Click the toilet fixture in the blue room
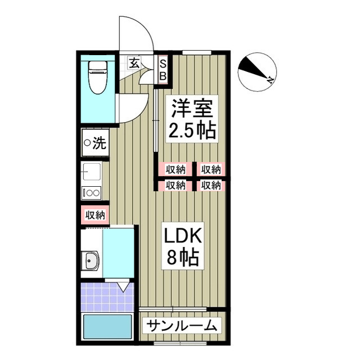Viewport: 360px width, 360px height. (x=98, y=77)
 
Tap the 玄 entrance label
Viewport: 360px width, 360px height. (x=134, y=63)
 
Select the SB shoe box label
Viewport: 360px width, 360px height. (x=163, y=70)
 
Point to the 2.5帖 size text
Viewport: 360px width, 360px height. (x=192, y=130)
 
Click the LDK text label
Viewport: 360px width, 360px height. (x=183, y=235)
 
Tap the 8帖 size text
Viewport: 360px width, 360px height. (x=182, y=257)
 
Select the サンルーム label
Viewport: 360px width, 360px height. (x=182, y=325)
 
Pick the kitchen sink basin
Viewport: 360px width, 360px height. (x=91, y=171)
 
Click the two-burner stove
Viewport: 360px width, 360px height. (x=91, y=193)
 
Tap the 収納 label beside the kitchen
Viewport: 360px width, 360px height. (x=95, y=215)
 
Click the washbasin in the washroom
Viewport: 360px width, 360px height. (x=91, y=260)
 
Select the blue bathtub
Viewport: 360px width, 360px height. (x=107, y=327)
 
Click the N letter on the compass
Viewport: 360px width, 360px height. (x=270, y=80)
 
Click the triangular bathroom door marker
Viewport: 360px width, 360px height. (x=123, y=287)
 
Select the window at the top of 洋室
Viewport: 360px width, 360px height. (x=197, y=52)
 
